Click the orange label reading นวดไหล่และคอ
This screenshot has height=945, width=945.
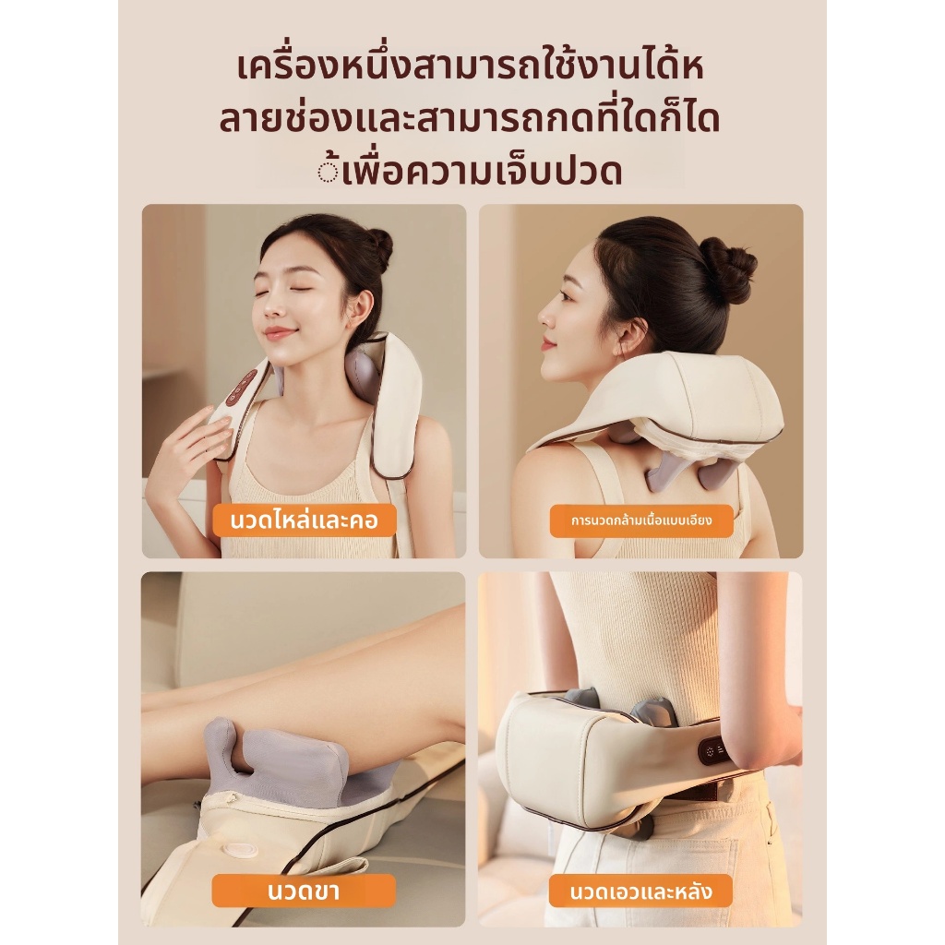(305, 520)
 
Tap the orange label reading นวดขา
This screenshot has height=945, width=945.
(304, 891)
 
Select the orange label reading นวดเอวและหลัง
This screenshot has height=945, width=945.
(640, 891)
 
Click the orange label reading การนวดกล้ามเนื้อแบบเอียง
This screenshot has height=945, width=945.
(641, 520)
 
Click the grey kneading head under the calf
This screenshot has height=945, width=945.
(274, 752)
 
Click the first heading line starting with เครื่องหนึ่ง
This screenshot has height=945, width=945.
(471, 67)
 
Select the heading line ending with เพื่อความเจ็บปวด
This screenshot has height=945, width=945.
(471, 170)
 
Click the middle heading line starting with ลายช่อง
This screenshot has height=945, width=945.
(470, 119)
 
